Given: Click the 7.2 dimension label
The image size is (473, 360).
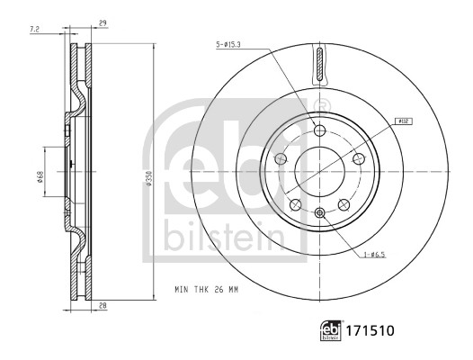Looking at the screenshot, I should [x=33, y=31].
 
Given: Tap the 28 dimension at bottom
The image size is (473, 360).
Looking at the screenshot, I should [x=103, y=306].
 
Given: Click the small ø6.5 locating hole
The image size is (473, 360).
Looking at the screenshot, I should [x=320, y=212].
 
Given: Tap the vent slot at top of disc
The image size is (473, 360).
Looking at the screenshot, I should [x=320, y=67].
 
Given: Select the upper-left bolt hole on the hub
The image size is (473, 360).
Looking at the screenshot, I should [x=281, y=158].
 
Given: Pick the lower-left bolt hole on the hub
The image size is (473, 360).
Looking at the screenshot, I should [x=295, y=204].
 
